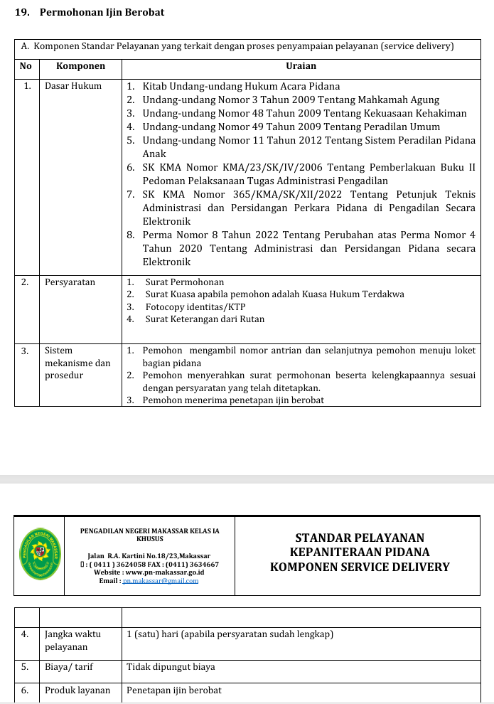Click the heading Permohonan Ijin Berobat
pyautogui.click(x=101, y=13)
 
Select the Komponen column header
pyautogui.click(x=80, y=66)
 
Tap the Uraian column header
pyautogui.click(x=300, y=66)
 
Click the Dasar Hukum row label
pyautogui.click(x=73, y=86)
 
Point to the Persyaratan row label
pyautogui.click(x=70, y=282)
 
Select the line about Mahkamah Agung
pyautogui.click(x=291, y=100)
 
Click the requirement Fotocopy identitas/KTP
pyautogui.click(x=195, y=306)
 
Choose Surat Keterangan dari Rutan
pyautogui.click(x=205, y=319)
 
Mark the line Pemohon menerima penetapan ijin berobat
pyautogui.click(x=232, y=400)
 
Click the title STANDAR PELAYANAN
pyautogui.click(x=360, y=538)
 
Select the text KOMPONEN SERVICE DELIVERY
pyautogui.click(x=360, y=567)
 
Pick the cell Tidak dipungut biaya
pyautogui.click(x=171, y=667)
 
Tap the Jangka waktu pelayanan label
pyautogui.click(x=72, y=640)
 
